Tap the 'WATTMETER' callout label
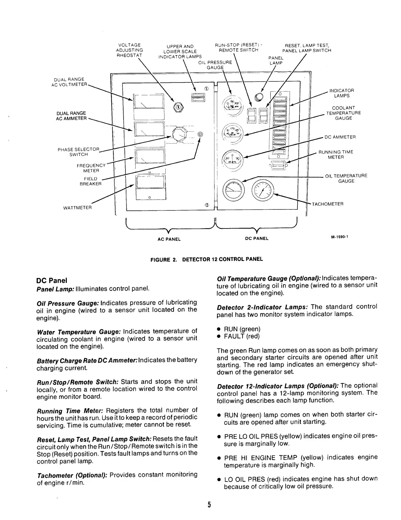(78, 208)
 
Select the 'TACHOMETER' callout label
(327, 204)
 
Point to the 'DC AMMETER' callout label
(340, 137)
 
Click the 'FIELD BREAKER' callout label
(91, 181)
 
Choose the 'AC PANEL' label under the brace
(169, 239)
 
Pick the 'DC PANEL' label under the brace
(257, 238)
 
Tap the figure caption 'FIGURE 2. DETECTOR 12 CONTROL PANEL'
(206, 259)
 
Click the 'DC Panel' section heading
(51, 280)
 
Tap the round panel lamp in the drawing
(259, 96)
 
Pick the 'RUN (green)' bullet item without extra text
(242, 329)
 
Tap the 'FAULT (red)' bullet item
(241, 336)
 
